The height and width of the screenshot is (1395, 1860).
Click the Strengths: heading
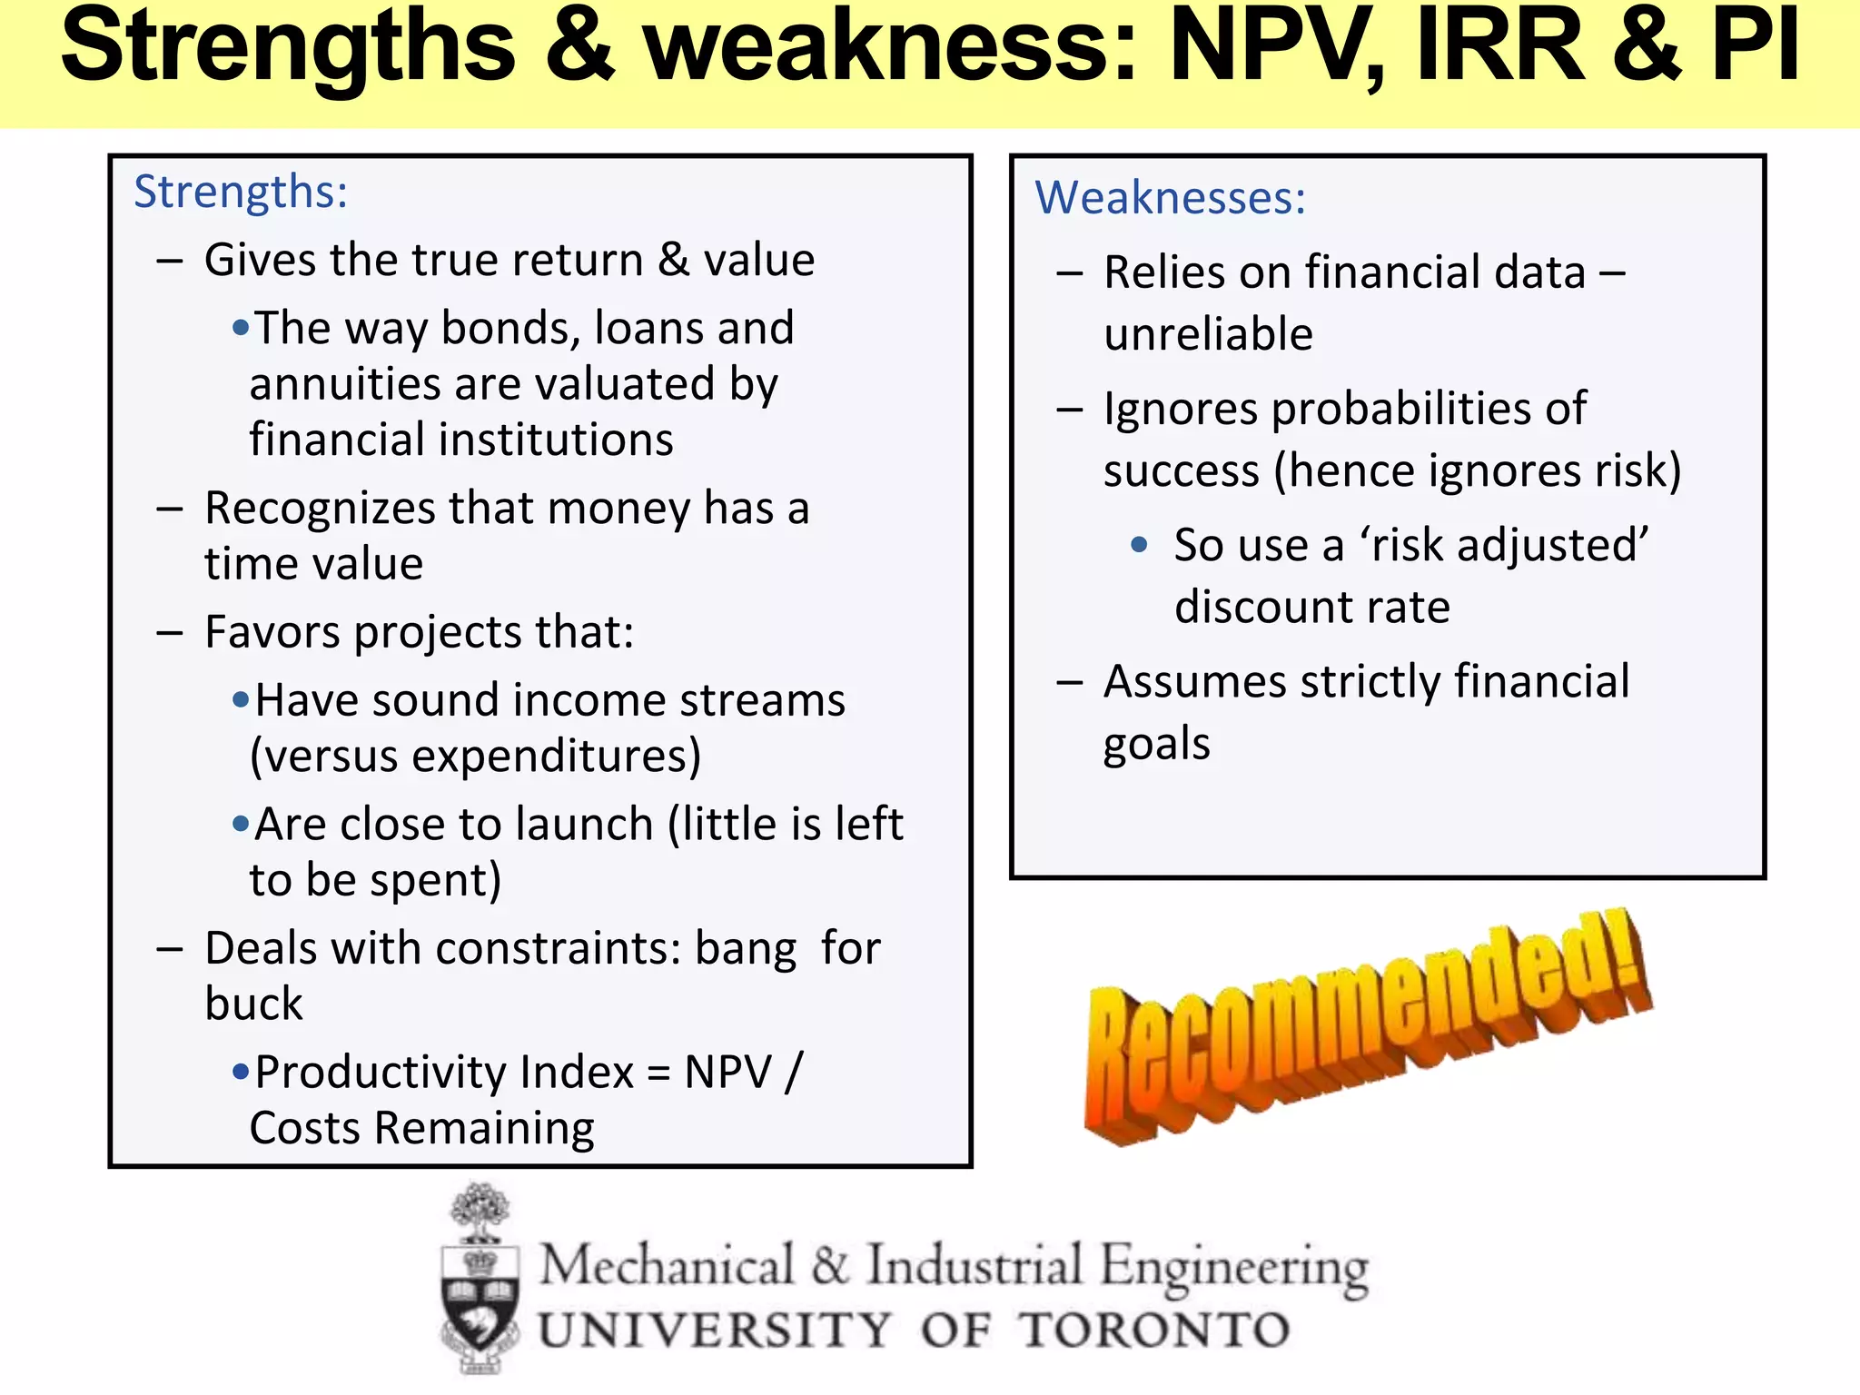(x=241, y=193)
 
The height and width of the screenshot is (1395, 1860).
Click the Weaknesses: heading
(x=1170, y=198)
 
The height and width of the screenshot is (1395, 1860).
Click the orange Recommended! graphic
(x=1367, y=1026)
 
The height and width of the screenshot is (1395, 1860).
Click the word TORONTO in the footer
(x=1153, y=1331)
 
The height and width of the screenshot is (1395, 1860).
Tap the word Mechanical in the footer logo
(x=668, y=1265)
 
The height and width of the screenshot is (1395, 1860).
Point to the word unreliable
(x=1208, y=335)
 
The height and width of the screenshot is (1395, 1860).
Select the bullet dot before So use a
(x=1139, y=545)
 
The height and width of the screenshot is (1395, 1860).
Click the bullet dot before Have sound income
(x=241, y=700)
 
